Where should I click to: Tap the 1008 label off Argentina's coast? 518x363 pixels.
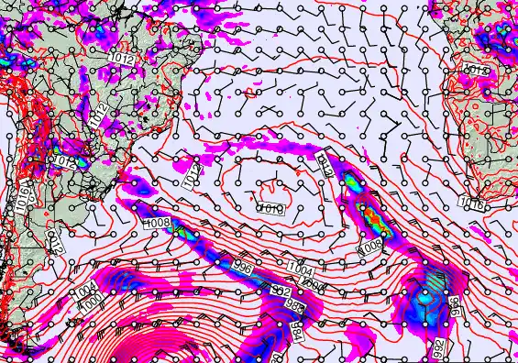158,223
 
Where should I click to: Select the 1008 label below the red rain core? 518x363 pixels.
370,247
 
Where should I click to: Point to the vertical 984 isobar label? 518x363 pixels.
296,328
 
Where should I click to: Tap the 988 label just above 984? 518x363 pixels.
293,303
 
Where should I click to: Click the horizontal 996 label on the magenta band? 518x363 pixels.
244,266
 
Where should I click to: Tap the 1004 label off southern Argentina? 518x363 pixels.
85,291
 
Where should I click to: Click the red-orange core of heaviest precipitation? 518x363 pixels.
370,219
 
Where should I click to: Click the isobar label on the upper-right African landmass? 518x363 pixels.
478,70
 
